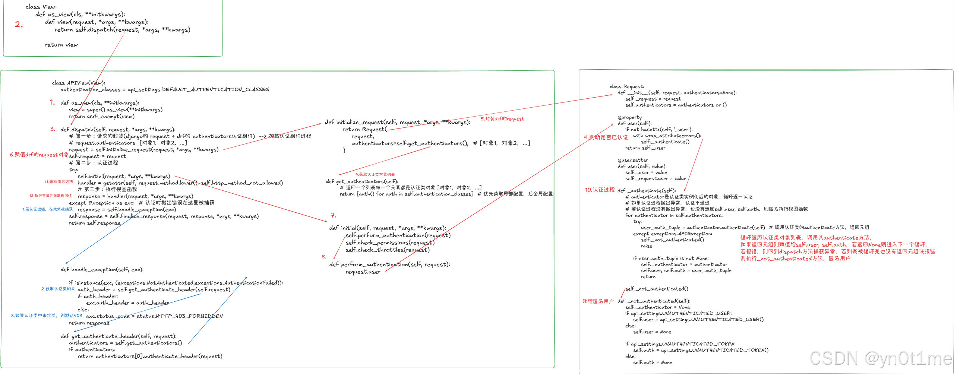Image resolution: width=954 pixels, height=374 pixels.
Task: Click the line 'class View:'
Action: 41,7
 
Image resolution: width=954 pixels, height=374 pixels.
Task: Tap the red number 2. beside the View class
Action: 19,25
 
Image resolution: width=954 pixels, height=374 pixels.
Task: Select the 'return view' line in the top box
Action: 61,45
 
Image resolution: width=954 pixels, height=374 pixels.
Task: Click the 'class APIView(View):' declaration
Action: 78,83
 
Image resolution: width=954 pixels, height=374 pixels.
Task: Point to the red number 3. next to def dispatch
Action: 53,129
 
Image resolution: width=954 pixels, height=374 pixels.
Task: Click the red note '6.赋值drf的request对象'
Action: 39,155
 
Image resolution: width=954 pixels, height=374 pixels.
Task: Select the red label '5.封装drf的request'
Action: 502,119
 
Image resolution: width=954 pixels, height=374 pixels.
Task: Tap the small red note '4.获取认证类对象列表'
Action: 375,174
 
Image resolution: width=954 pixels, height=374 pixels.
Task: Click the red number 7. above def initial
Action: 333,215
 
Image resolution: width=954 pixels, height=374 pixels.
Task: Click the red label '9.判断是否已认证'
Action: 606,137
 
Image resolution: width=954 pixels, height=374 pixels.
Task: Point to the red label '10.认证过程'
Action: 599,190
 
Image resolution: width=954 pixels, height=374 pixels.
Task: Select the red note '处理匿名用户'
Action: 598,301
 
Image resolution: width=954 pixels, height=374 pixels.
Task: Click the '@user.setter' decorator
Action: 632,160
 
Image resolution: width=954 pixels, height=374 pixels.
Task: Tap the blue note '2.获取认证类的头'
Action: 58,289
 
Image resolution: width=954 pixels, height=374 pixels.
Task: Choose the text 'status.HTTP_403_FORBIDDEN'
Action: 179,316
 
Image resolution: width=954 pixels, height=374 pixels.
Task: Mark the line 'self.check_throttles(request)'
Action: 387,250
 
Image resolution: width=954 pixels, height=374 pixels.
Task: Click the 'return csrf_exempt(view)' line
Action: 101,116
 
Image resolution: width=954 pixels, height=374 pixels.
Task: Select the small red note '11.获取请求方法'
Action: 59,182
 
